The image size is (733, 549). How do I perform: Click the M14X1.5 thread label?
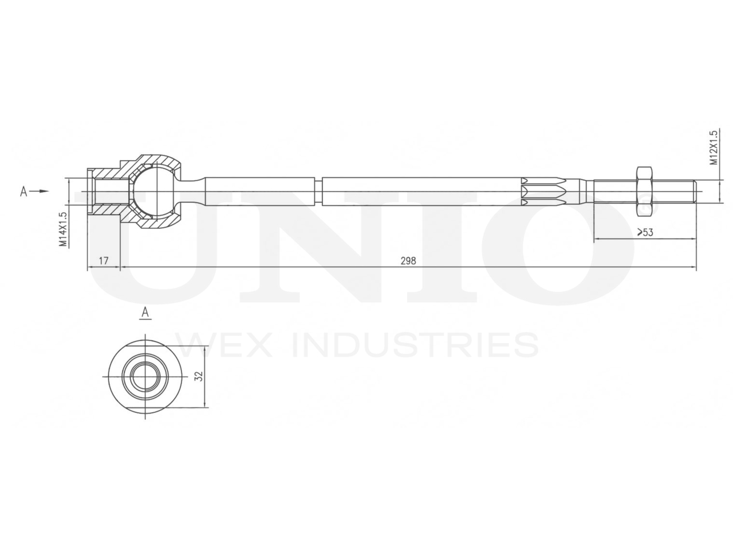point(62,229)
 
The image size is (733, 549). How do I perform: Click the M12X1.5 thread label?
point(714,148)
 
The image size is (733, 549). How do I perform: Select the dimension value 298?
point(408,261)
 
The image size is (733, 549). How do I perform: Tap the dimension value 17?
point(104,261)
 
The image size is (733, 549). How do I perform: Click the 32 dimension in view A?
point(199,376)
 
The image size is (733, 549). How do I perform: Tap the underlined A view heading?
point(145,312)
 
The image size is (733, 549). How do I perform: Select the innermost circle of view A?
point(145,376)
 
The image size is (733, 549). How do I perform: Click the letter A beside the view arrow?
point(23,192)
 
